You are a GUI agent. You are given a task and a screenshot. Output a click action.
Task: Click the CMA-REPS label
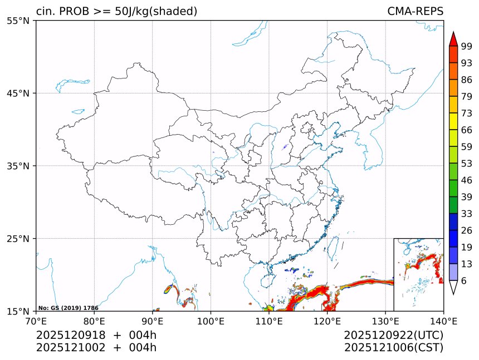click(415, 12)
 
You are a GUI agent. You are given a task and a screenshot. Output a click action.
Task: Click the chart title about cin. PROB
click(116, 12)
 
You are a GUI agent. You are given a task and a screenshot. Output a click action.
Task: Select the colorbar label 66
click(467, 130)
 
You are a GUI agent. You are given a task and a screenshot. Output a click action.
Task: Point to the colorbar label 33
click(467, 214)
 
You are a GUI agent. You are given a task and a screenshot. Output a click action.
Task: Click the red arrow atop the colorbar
click(453, 39)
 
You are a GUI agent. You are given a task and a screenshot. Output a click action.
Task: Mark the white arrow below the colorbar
click(453, 287)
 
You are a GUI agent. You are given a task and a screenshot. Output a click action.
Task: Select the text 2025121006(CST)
click(393, 348)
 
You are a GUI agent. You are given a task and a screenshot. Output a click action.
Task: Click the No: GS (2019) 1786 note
click(68, 308)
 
